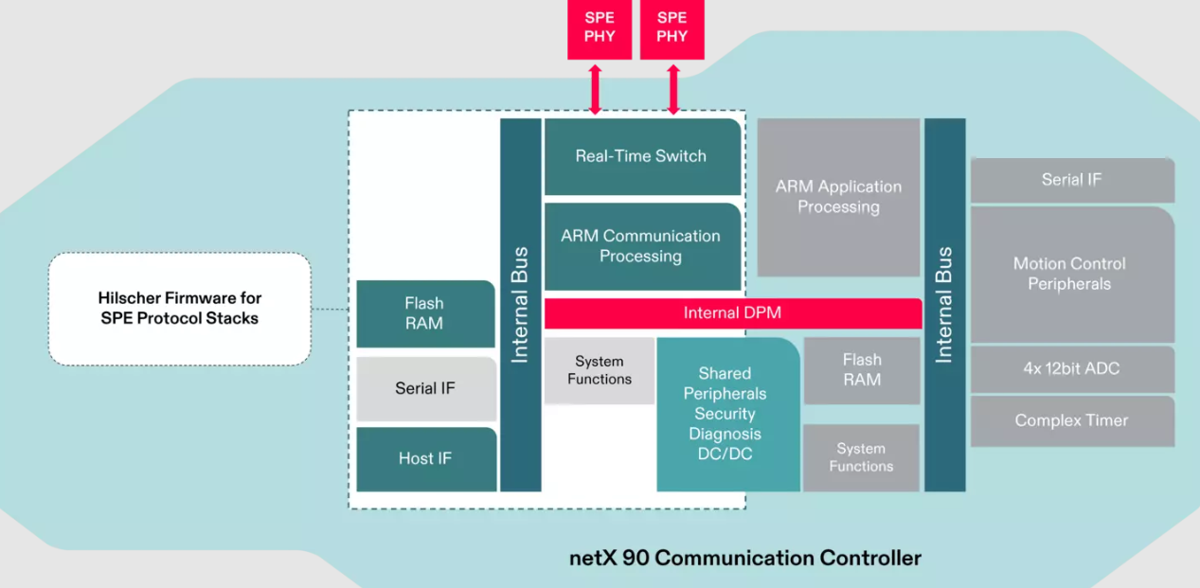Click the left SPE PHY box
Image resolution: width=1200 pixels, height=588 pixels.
point(600,28)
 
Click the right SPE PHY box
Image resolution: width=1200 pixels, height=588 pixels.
point(672,28)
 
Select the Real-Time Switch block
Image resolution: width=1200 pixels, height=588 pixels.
point(641,156)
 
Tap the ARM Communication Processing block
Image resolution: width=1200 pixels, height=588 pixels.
point(641,246)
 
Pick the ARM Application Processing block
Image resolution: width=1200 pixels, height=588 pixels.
point(838,197)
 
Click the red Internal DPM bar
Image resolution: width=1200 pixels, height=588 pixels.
point(732,312)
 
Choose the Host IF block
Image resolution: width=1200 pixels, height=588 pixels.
point(425,458)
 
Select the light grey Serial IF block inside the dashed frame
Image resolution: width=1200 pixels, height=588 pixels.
point(425,388)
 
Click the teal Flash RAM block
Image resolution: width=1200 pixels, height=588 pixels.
point(424,313)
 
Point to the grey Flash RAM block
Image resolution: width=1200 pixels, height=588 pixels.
point(862,370)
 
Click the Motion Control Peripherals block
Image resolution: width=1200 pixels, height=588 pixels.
point(1069,275)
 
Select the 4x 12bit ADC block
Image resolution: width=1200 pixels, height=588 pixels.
point(1071,368)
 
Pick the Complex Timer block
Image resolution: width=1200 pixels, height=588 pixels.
point(1071,420)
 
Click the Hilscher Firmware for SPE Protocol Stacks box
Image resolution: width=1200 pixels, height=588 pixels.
point(180,309)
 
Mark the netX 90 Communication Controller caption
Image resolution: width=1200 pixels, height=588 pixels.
point(744,558)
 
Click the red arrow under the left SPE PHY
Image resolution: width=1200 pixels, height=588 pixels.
point(595,90)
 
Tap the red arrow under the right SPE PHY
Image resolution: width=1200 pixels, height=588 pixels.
point(673,90)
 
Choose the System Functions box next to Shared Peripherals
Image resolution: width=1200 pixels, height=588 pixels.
point(600,370)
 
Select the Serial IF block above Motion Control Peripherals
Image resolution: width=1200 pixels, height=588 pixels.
point(1071,180)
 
